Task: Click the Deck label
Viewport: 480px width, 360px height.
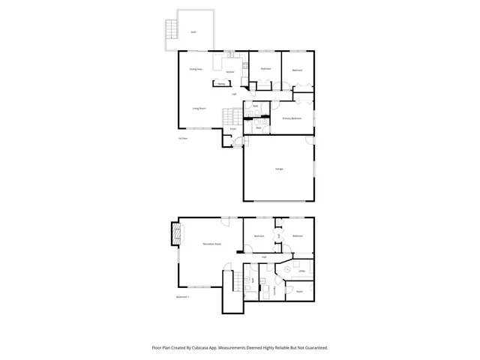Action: coord(193,32)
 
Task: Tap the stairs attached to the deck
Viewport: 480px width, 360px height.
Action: coord(172,30)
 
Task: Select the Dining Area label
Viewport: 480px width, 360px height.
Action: coord(196,68)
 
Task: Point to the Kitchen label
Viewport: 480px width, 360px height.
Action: coord(230,72)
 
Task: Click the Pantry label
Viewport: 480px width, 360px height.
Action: coord(221,84)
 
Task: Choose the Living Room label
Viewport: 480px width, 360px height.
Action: coord(199,109)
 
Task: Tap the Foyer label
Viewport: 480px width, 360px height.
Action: coord(233,128)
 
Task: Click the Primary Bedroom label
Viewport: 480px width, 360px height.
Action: coord(292,118)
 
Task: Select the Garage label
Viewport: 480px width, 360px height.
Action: coord(278,169)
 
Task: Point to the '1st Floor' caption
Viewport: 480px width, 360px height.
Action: coord(181,139)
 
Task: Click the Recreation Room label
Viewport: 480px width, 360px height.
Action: coord(211,244)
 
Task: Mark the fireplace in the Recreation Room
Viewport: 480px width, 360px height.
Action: coord(177,235)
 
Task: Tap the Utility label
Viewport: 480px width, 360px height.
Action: coord(291,271)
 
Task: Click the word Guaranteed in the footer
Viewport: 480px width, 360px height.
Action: coord(313,348)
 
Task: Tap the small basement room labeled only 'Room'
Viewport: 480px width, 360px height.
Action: coord(299,291)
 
